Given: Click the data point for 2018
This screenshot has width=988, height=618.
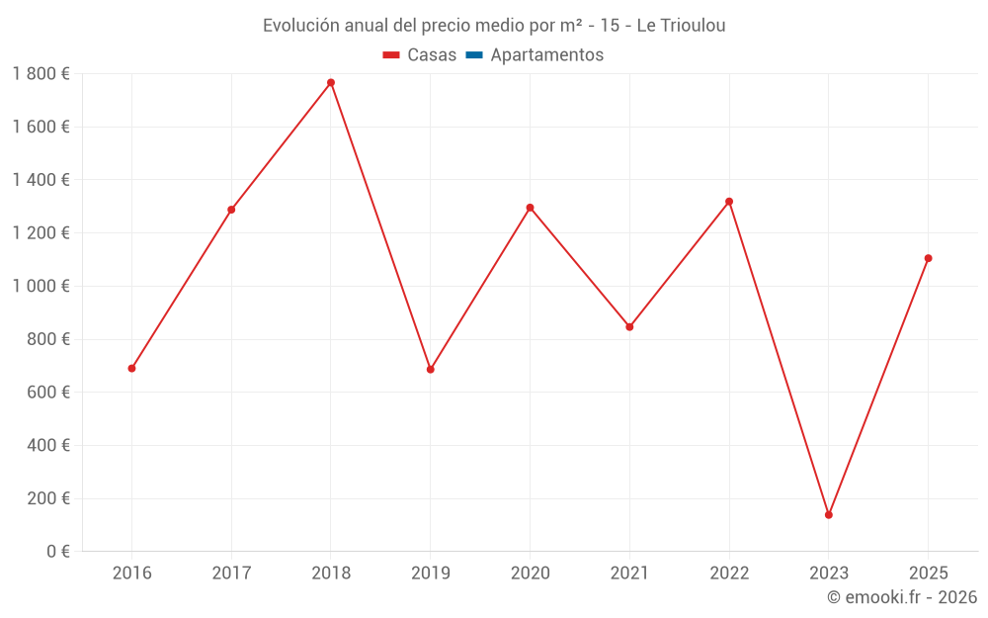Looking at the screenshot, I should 331,82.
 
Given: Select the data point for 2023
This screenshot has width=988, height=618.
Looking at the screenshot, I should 829,514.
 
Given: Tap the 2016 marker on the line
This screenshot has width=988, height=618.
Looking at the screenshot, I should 131,368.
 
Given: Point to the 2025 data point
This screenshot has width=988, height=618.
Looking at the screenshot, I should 929,258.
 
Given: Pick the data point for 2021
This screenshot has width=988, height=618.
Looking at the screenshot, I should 629,326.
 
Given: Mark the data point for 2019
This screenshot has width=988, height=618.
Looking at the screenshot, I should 431,369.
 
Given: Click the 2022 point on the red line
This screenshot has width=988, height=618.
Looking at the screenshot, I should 729,202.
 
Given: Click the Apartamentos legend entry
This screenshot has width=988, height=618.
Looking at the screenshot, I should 546,55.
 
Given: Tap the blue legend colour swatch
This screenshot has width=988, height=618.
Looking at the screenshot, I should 473,55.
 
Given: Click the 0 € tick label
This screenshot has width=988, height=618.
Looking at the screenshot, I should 55,552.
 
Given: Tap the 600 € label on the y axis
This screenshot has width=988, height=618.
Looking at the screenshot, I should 46,393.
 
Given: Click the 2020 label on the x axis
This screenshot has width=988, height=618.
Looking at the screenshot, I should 530,574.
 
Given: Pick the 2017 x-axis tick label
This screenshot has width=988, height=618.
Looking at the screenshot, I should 231,574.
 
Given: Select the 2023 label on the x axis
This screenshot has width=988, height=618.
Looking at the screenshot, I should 829,574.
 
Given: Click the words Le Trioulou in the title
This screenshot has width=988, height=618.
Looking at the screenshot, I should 681,26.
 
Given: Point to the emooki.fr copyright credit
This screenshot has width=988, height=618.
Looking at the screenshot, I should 901,597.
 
